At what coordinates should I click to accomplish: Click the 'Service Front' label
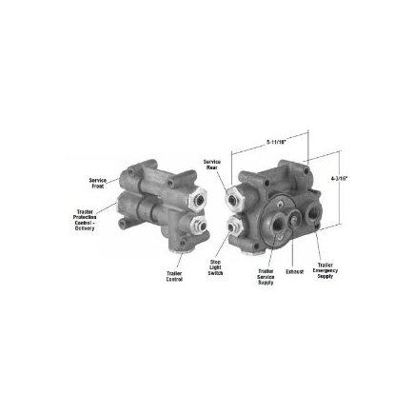[x=97, y=181]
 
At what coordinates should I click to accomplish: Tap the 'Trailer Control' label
[x=174, y=277]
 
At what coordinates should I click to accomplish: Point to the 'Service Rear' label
[x=211, y=163]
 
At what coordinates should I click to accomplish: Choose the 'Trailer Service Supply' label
[x=266, y=276]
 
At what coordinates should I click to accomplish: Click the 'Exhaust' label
[x=294, y=271]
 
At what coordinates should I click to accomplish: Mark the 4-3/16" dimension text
[x=338, y=178]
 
